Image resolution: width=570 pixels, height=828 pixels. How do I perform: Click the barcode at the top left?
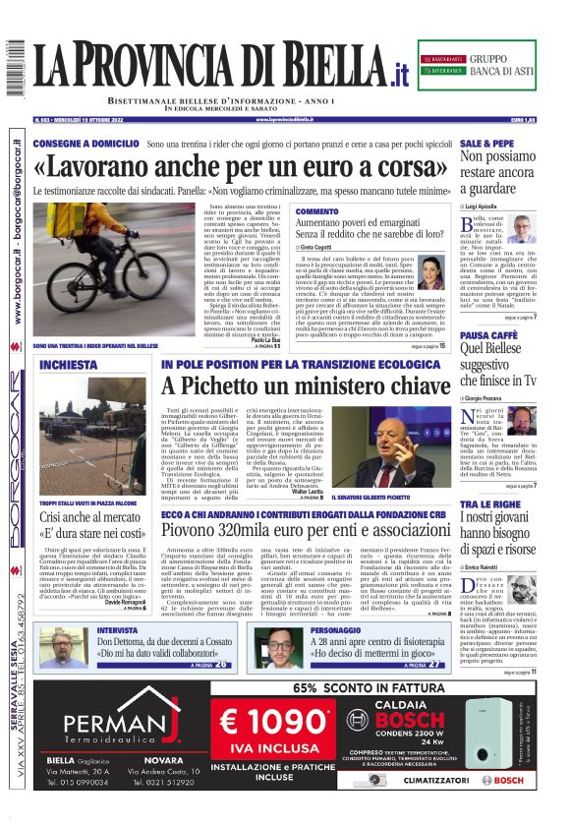[15, 68]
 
